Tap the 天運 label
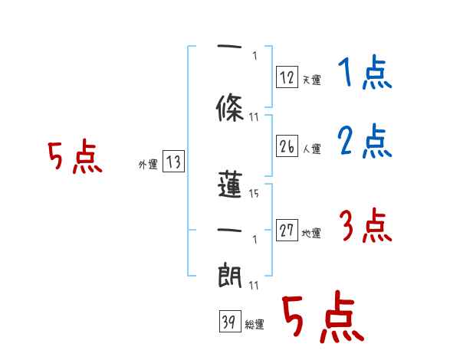pos(310,80)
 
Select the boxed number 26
pos(287,146)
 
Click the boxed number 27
pos(287,230)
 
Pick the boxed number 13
pos(173,162)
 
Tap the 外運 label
pos(148,165)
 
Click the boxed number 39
pos(228,322)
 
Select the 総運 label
pos(254,325)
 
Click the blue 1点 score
pos(363,74)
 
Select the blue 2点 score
pos(363,141)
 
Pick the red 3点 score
pos(365,227)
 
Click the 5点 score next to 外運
pos(74,158)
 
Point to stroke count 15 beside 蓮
pos(254,194)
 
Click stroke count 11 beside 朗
pos(254,285)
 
